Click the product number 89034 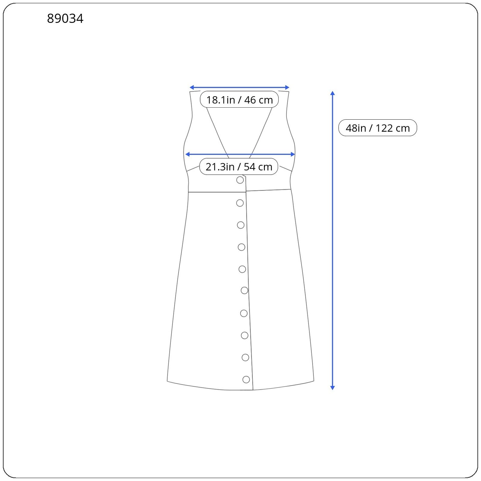(x=65, y=19)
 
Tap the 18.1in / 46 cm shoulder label (x=239, y=100)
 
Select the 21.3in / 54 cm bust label (x=239, y=167)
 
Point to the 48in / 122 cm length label (x=378, y=128)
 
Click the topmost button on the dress (x=240, y=180)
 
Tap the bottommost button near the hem (x=246, y=379)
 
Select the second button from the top (x=240, y=203)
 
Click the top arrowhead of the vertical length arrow (x=332, y=93)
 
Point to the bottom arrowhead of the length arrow (x=332, y=388)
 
